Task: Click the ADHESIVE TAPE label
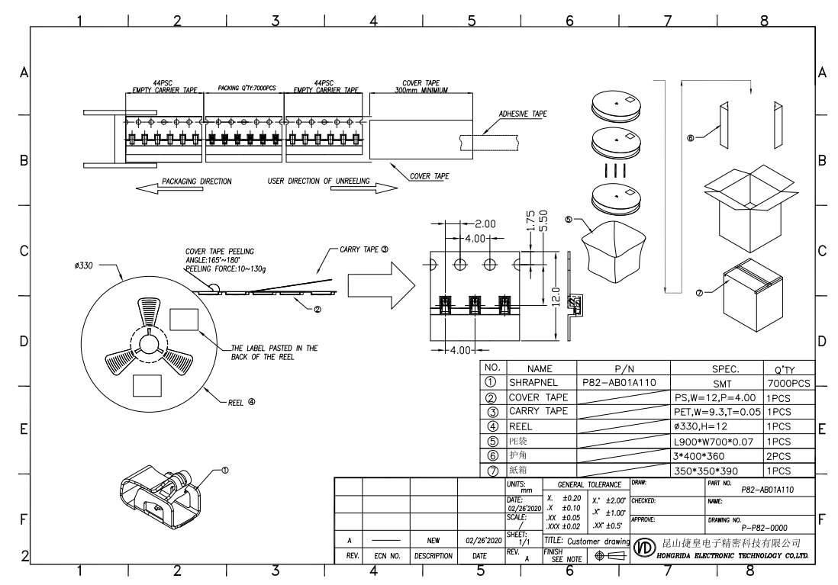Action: (523, 114)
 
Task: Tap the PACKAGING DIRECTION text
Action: (197, 182)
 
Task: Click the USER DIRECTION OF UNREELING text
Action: (319, 182)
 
